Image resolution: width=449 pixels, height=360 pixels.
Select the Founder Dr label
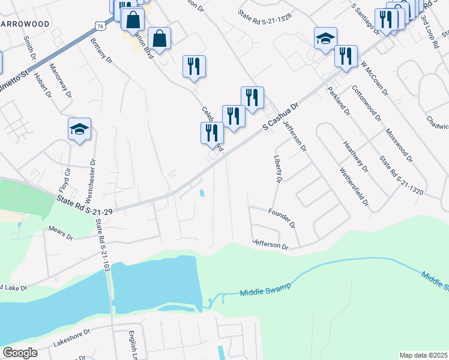(x=282, y=217)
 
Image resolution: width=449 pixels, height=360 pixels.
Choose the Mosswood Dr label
(x=399, y=146)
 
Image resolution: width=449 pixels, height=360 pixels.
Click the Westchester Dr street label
(x=91, y=180)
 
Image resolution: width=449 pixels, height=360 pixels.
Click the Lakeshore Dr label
(x=71, y=338)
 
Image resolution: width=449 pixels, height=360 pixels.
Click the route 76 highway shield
(x=100, y=26)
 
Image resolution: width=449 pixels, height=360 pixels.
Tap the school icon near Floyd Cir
(x=79, y=129)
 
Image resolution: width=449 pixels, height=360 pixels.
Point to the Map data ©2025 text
(x=423, y=355)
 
